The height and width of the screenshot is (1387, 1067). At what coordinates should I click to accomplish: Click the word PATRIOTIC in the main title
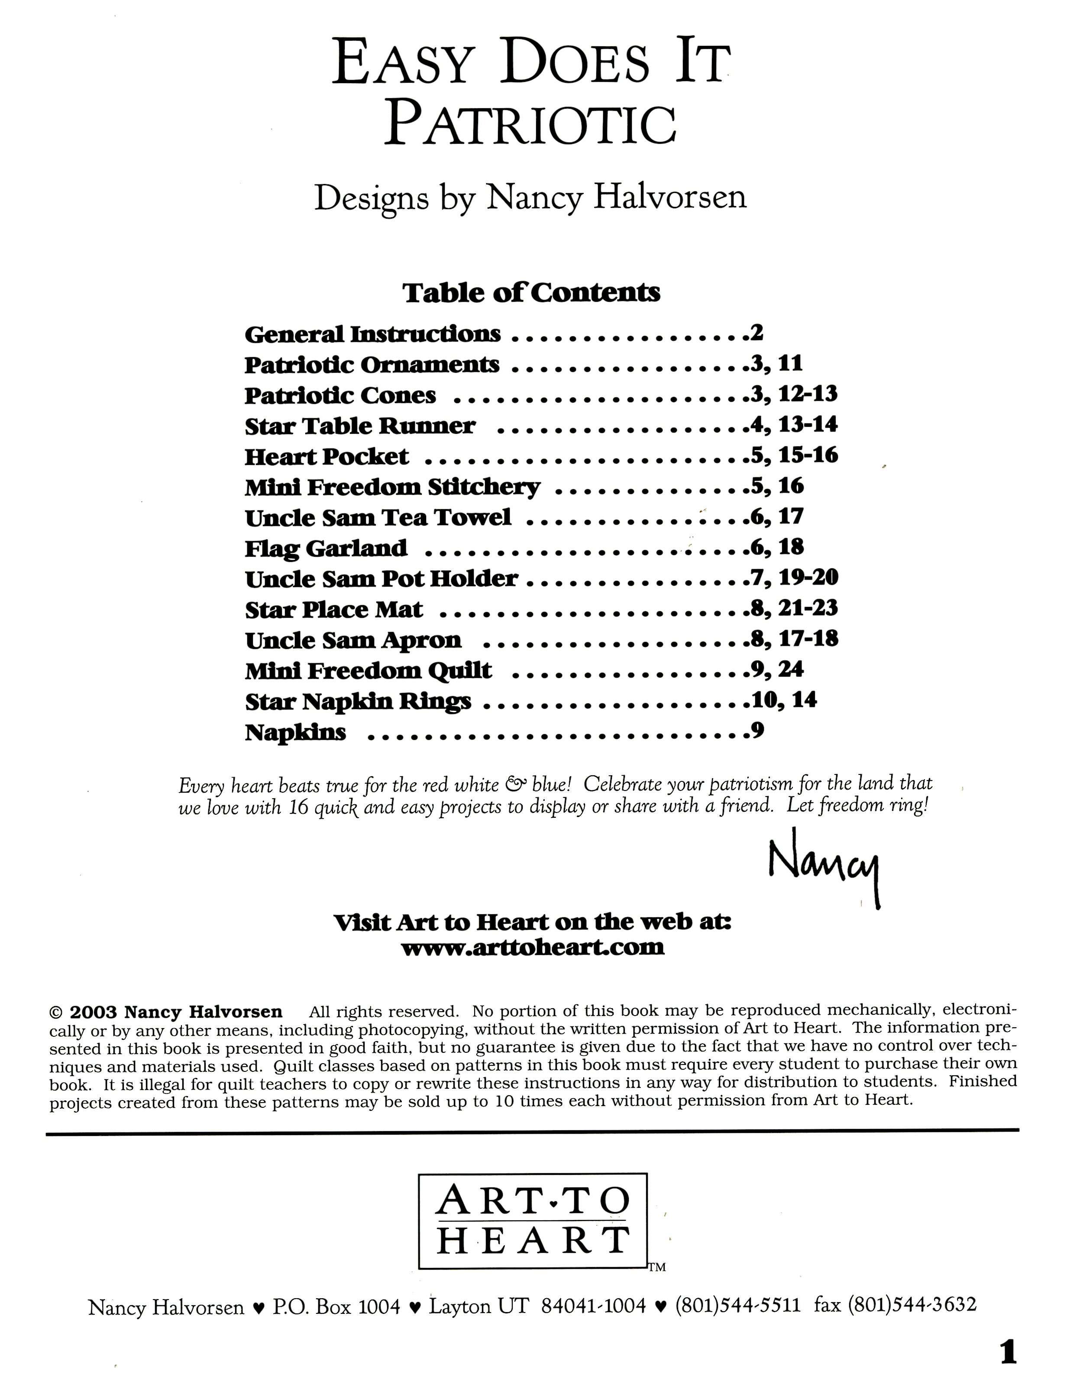coord(531,125)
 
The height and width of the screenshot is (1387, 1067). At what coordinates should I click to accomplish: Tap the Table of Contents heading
coord(531,293)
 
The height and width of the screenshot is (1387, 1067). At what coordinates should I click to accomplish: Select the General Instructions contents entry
coord(372,334)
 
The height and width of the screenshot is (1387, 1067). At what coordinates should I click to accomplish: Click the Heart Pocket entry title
coord(327,456)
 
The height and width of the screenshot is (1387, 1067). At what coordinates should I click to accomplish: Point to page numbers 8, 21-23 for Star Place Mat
coord(794,608)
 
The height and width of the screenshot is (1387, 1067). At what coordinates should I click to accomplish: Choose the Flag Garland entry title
coord(326,548)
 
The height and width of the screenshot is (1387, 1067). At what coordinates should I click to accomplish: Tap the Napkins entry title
coord(295,732)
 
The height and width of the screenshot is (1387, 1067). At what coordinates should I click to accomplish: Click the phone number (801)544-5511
coord(737,1306)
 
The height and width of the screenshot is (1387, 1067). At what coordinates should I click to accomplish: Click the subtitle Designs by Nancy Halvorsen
coord(530,198)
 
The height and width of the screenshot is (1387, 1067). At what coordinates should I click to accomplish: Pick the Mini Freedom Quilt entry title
coord(369,670)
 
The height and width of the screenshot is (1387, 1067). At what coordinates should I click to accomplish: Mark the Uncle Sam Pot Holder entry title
coord(381,579)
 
